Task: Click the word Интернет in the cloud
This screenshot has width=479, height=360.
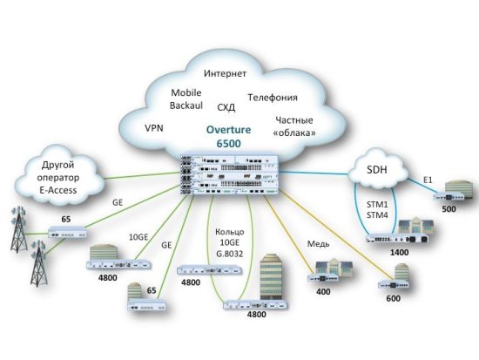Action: pos(225,73)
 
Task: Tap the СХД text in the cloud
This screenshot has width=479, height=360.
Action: pos(227,106)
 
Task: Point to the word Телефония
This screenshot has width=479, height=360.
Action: pos(273,97)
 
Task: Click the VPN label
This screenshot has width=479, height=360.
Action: pos(155,127)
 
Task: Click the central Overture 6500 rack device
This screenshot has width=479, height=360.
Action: pos(227,175)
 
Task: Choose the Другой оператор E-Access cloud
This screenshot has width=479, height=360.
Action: pos(61,174)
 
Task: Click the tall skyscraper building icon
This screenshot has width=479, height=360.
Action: pos(273,276)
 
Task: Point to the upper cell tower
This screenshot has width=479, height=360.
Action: pos(17,224)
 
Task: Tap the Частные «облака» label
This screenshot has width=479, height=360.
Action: pos(295,127)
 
